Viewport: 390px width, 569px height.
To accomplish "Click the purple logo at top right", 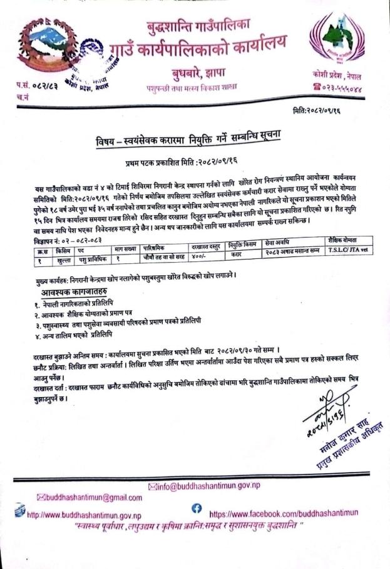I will pyautogui.click(x=342, y=44).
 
